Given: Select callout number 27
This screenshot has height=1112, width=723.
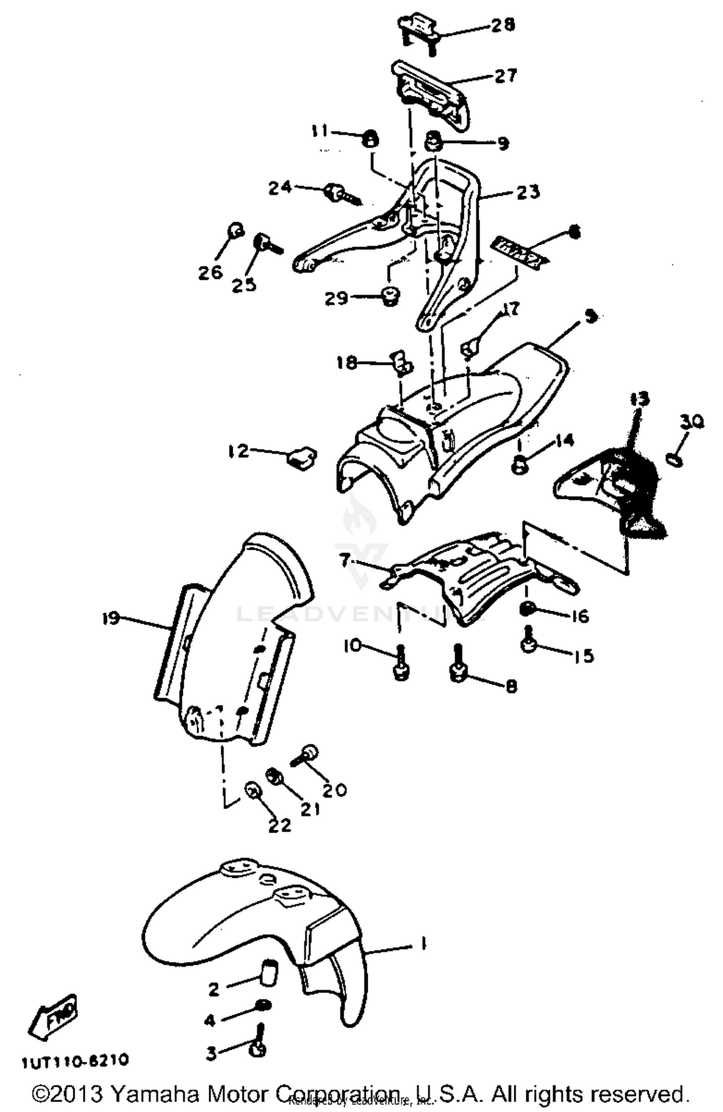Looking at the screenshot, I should coord(505,76).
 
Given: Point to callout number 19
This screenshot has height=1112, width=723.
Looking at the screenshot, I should coord(111,617).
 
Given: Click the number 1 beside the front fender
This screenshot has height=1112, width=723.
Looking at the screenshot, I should coord(423,943).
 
